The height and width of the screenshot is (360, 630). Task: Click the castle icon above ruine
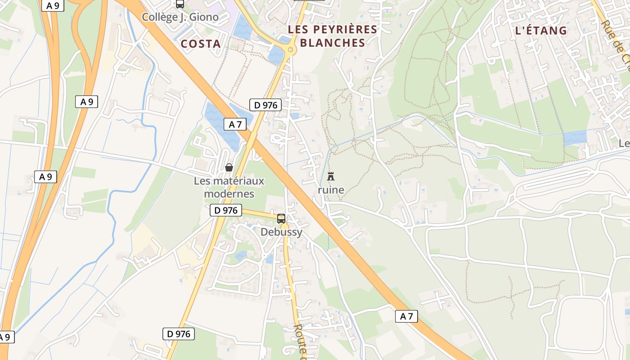pyautogui.click(x=331, y=176)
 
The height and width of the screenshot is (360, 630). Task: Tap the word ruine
pyautogui.click(x=331, y=190)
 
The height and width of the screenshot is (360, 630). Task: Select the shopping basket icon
pyautogui.click(x=229, y=167)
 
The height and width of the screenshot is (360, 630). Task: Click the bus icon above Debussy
pyautogui.click(x=281, y=219)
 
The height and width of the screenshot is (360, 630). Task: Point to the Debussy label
pyautogui.click(x=281, y=232)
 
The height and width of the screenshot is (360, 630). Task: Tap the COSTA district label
pyautogui.click(x=201, y=44)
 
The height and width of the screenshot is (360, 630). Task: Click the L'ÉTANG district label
pyautogui.click(x=540, y=31)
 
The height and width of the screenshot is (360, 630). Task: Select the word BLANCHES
pyautogui.click(x=332, y=43)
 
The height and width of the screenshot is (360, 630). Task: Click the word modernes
pyautogui.click(x=229, y=194)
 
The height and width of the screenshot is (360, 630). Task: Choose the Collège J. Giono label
pyautogui.click(x=180, y=17)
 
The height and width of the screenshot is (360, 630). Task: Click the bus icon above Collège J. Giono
pyautogui.click(x=180, y=4)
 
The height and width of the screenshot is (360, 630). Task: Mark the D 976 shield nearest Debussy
pyautogui.click(x=225, y=210)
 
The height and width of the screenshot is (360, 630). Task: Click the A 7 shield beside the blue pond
pyautogui.click(x=235, y=124)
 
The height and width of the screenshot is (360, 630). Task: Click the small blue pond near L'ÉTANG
pyautogui.click(x=575, y=138)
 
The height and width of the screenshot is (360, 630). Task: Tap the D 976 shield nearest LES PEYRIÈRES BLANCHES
pyautogui.click(x=265, y=105)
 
